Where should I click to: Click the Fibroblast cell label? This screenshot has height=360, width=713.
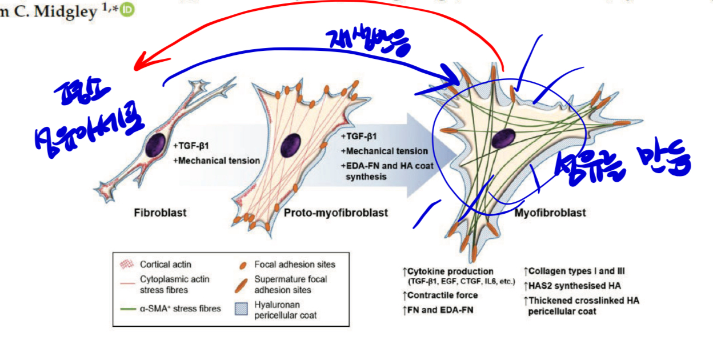click(x=160, y=213)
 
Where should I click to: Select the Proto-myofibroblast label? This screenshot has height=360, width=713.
click(x=335, y=213)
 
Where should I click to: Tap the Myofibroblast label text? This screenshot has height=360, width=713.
click(x=550, y=213)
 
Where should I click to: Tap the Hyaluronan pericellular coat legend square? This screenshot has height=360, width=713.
click(x=242, y=309)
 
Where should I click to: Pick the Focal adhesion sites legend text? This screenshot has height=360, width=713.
click(x=295, y=265)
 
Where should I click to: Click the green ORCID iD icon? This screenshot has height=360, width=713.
click(x=128, y=10)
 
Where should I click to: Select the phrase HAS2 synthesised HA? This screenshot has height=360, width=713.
click(x=574, y=286)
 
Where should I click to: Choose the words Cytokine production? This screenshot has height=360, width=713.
click(x=450, y=271)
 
